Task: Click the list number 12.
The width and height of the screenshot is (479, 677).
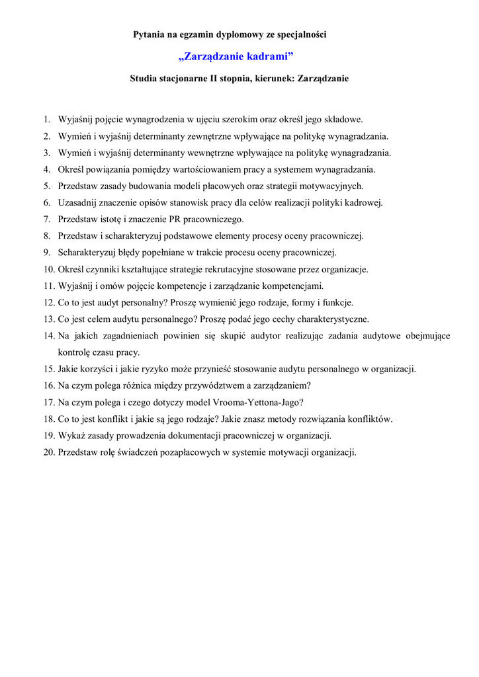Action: click(x=48, y=302)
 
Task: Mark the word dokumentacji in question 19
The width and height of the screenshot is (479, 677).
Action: click(x=199, y=436)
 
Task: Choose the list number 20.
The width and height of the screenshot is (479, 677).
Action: click(x=48, y=452)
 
